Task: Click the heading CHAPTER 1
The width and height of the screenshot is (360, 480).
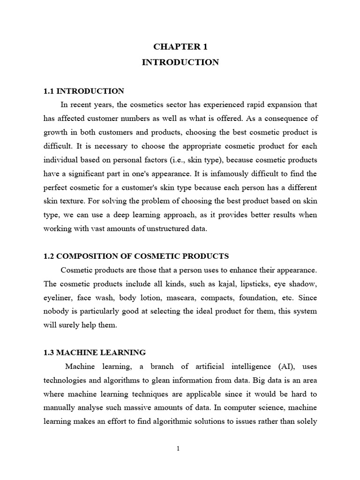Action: pyautogui.click(x=180, y=46)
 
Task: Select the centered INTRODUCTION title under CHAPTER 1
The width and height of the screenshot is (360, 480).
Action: pyautogui.click(x=180, y=62)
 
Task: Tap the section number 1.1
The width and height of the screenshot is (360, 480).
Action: pyautogui.click(x=49, y=91)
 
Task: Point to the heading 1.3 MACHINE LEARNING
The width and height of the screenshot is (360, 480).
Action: pyautogui.click(x=94, y=352)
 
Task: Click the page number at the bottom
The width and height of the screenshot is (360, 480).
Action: pyautogui.click(x=179, y=449)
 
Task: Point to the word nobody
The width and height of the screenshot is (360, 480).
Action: pyautogui.click(x=57, y=311)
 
